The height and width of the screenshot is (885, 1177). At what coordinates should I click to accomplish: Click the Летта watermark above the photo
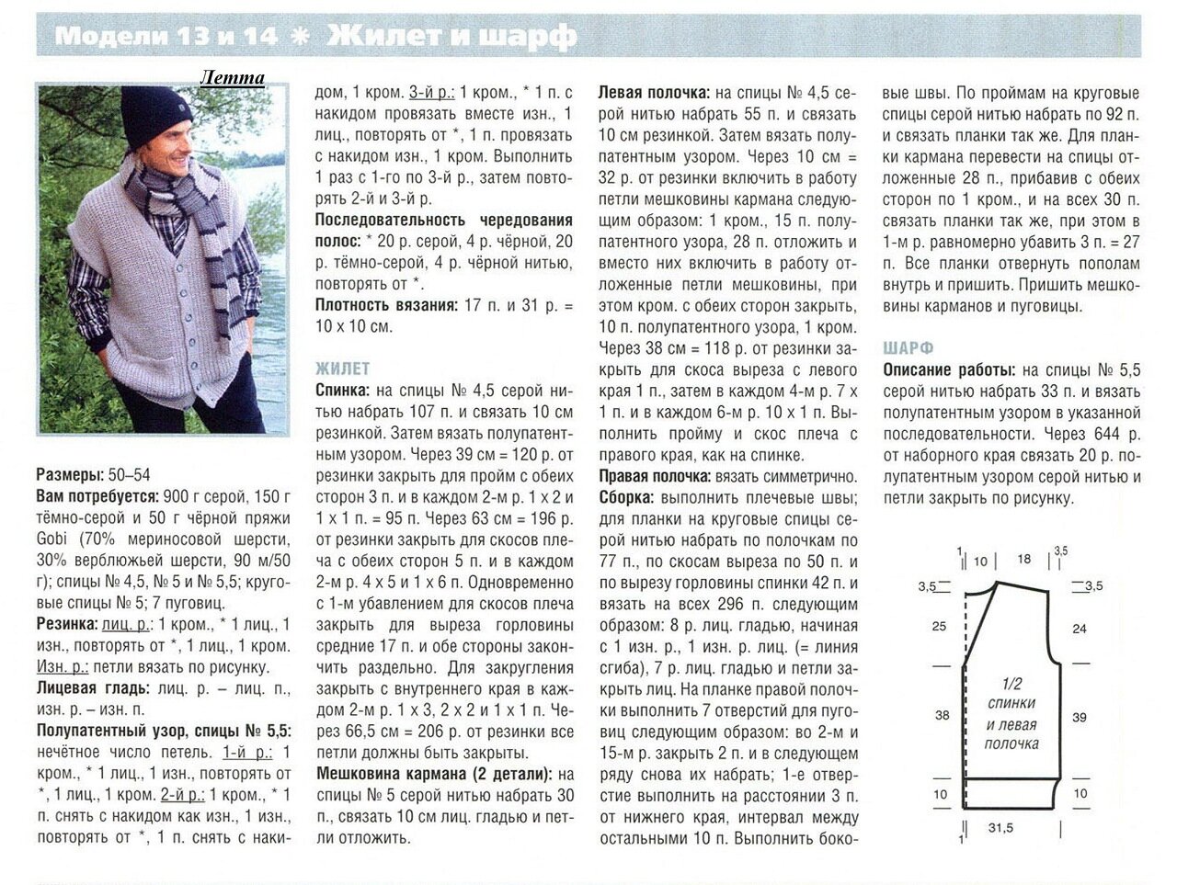coord(233,77)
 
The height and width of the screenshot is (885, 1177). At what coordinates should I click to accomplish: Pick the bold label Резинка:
coord(67,624)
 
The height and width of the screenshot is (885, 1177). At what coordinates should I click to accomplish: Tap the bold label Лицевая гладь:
coord(93,687)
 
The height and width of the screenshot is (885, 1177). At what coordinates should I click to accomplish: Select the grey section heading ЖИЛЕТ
coord(343,369)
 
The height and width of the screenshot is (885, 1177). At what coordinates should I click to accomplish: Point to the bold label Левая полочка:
coord(654,94)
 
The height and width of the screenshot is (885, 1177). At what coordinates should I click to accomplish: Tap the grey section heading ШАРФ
coord(908,348)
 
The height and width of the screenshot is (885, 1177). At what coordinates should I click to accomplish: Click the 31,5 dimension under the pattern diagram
coord(1001,828)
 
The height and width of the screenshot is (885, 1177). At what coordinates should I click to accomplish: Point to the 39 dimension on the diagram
coord(1080,717)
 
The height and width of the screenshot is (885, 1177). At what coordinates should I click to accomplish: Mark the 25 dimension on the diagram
coord(939,626)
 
